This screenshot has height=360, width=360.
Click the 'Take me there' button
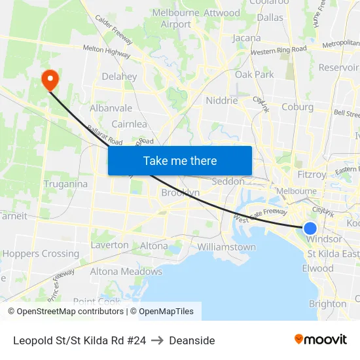click(180, 160)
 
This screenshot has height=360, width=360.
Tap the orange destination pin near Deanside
click(50, 80)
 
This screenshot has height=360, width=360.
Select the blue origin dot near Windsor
click(310, 228)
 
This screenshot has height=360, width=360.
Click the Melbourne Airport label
click(176, 19)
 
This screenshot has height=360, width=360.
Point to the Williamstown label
click(226, 247)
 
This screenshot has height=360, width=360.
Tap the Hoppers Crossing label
click(41, 254)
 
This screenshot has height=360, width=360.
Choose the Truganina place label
click(65, 184)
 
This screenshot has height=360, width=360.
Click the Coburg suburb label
click(298, 107)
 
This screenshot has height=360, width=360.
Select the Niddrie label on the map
click(222, 101)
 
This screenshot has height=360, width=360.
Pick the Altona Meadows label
click(126, 272)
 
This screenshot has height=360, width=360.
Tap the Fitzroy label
click(312, 175)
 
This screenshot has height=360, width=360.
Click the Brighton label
click(327, 304)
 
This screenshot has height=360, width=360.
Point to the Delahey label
click(120, 77)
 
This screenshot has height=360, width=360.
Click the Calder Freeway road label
click(114, 31)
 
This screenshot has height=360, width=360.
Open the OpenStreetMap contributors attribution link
click(69, 312)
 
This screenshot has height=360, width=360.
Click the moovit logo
click(321, 339)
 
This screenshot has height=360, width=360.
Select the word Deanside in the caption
click(192, 340)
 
